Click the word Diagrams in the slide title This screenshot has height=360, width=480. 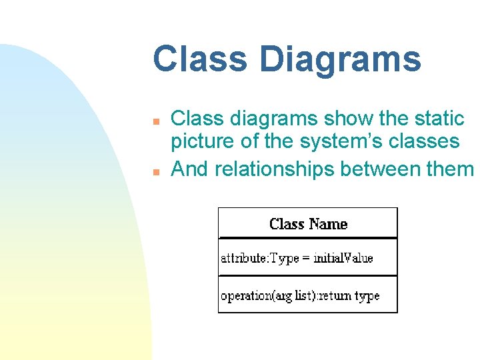coord(341,59)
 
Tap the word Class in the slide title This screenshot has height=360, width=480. coord(200,59)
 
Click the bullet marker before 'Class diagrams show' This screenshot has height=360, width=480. coord(154,122)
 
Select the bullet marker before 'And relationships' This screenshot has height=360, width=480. coord(154,171)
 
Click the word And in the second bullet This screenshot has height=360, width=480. coord(190,169)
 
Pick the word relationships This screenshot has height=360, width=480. coord(275,169)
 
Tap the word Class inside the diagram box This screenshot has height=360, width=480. coord(287,224)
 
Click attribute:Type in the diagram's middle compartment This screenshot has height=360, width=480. coord(260,258)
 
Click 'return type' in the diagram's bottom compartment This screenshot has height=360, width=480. coord(358,295)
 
